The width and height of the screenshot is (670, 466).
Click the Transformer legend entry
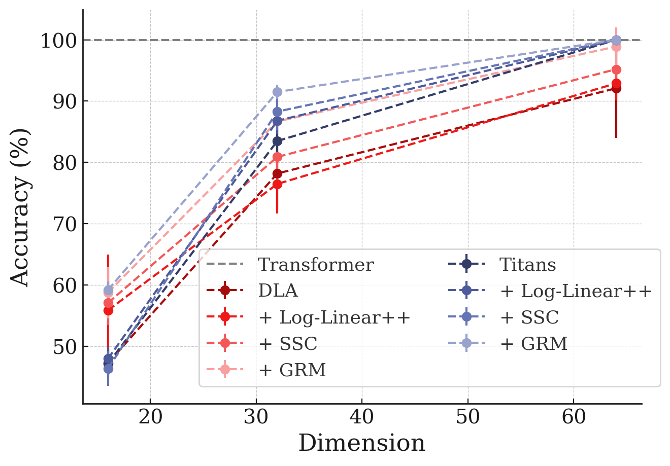tap(316, 265)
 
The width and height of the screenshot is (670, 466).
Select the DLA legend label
tap(278, 291)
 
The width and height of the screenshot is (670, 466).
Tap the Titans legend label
tap(527, 265)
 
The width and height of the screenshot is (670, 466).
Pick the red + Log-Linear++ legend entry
tap(334, 317)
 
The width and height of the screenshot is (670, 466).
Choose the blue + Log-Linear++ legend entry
tap(576, 291)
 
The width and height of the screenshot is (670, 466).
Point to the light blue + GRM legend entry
tap(533, 344)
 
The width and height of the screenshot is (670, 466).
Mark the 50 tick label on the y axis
tap(63, 347)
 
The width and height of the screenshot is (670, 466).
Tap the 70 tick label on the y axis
tap(63, 224)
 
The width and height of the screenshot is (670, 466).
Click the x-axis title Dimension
tap(361, 444)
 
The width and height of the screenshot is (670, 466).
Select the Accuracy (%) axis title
tap(20, 207)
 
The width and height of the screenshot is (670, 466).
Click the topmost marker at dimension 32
tap(277, 92)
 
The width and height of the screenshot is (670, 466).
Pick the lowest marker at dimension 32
tap(277, 184)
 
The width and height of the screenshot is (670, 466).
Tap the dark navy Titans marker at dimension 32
tap(277, 141)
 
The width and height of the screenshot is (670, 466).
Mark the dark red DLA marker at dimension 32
tap(277, 174)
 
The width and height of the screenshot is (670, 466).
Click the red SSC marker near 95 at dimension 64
tap(616, 69)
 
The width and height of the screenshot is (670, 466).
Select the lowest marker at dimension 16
tap(108, 369)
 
